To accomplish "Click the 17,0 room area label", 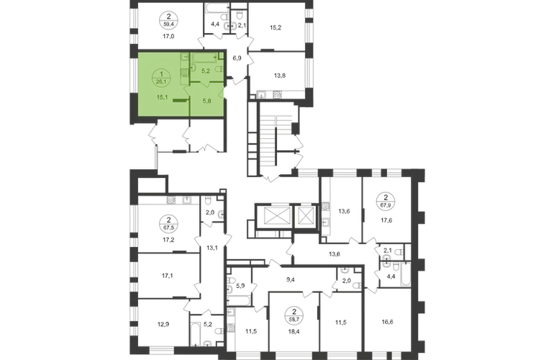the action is (168, 36).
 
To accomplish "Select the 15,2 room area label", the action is (276, 27).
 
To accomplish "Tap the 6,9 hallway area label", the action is (237, 58).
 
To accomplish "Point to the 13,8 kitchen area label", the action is (280, 76).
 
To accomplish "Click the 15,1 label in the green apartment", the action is (162, 97).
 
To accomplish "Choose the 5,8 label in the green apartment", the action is (206, 101).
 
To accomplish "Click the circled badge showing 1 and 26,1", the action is (161, 78).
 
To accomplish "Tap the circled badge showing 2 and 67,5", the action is (168, 223).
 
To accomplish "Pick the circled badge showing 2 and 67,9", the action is (386, 201).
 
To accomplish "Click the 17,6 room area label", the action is (386, 220).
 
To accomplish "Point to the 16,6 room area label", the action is (387, 322).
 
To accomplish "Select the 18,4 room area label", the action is (294, 332).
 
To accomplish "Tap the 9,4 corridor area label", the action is (291, 280).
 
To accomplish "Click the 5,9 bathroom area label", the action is (240, 286).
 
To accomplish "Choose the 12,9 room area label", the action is (163, 323).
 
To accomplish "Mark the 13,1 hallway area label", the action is (212, 248).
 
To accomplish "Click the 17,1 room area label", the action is (168, 276).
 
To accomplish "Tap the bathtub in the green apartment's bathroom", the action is (204, 57).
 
